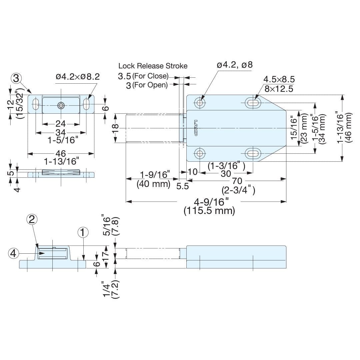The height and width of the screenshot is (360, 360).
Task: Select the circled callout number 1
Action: (x=83, y=232)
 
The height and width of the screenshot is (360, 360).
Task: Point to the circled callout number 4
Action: (x=13, y=254)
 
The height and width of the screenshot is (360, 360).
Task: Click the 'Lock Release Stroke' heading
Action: (x=153, y=66)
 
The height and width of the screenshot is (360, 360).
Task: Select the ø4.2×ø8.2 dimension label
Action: (x=78, y=77)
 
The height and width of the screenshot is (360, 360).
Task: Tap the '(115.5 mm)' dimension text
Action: (x=209, y=211)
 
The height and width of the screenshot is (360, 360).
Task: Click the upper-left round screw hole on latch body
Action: (x=200, y=103)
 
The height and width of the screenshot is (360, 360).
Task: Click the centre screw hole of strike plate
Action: (x=61, y=105)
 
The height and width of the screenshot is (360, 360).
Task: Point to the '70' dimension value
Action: (x=237, y=181)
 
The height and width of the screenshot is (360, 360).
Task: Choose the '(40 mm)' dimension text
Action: (x=153, y=184)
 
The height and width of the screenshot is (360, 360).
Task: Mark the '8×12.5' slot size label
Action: (x=279, y=89)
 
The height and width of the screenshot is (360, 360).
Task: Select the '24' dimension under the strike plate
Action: (x=61, y=124)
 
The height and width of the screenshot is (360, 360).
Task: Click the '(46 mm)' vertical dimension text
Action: (x=349, y=128)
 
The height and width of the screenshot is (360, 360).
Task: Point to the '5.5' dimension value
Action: (x=183, y=186)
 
